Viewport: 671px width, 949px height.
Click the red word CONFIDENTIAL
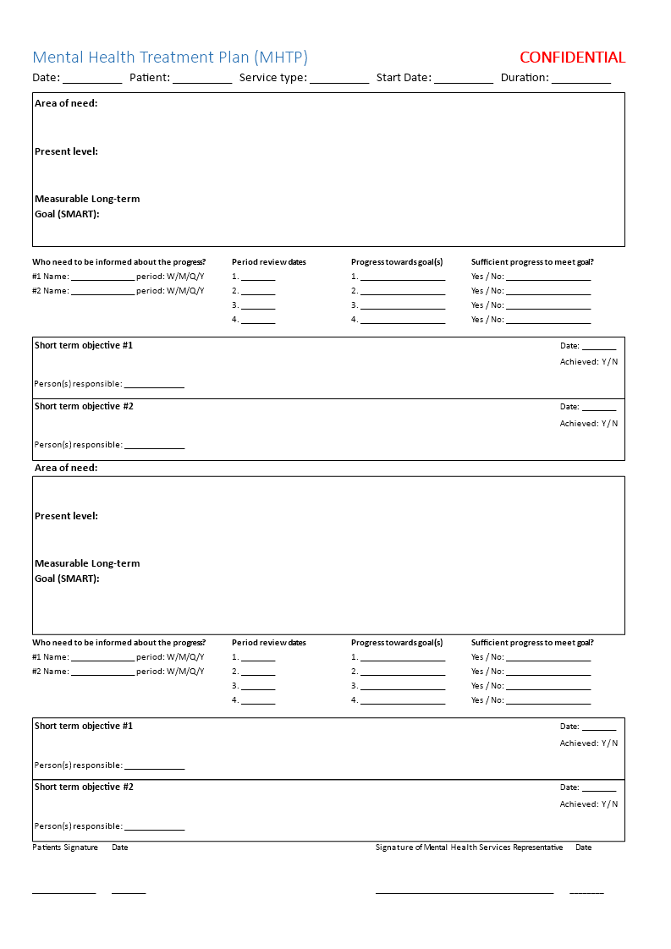(x=572, y=58)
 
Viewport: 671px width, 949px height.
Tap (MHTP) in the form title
(x=281, y=58)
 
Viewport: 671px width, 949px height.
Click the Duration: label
(x=525, y=78)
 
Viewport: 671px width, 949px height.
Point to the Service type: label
(x=272, y=78)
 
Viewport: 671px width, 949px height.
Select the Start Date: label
(x=404, y=78)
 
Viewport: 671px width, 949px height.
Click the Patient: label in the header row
(x=150, y=78)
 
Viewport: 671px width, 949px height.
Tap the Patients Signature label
(x=65, y=848)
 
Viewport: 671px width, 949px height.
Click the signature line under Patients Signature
(x=64, y=892)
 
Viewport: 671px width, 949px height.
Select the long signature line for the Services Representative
(x=465, y=892)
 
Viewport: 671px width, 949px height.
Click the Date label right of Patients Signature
(x=120, y=848)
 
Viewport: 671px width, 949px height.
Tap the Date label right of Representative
(x=584, y=848)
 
